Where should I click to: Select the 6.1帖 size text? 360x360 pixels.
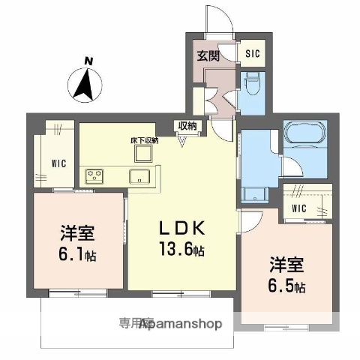[x=76, y=253]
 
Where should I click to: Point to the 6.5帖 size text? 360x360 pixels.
[x=289, y=286]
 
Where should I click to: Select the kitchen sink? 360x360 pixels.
[x=139, y=177]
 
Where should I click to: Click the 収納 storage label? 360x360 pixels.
[x=187, y=125]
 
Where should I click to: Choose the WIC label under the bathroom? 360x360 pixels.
[x=299, y=208]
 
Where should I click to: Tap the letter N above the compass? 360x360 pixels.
[x=88, y=61]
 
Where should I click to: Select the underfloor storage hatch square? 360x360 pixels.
[x=142, y=153]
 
